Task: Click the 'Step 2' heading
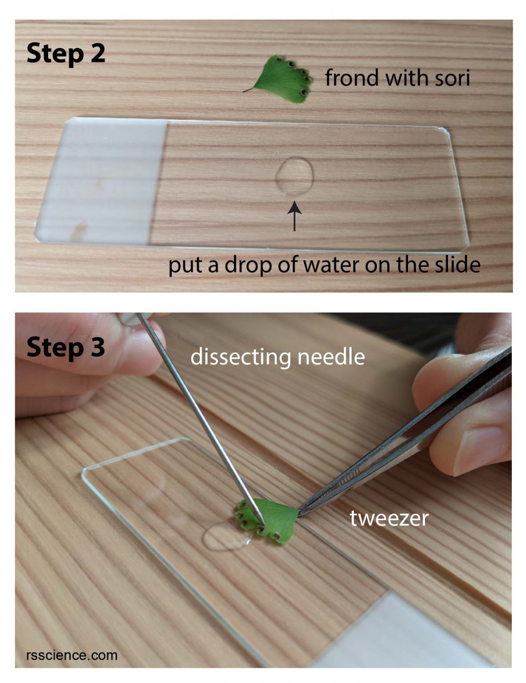(x=66, y=54)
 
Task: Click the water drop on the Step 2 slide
(x=294, y=176)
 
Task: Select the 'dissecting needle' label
(x=277, y=357)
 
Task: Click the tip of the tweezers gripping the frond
(x=298, y=514)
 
